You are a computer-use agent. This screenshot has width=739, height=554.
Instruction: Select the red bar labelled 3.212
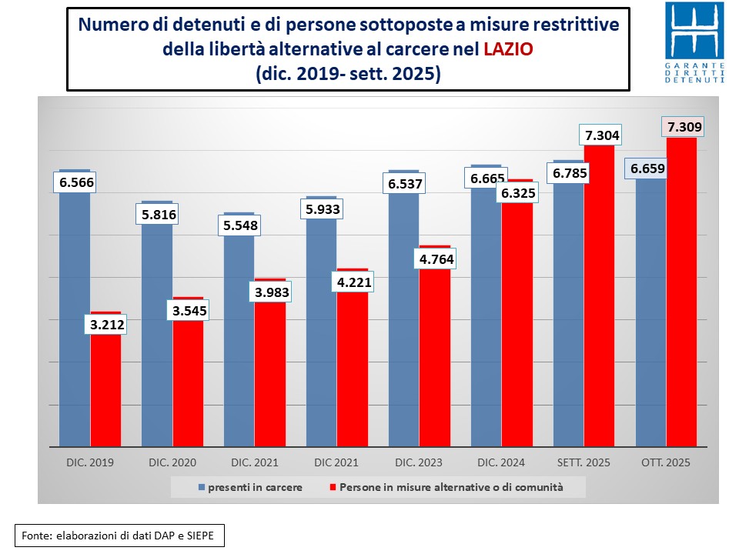pos(106,392)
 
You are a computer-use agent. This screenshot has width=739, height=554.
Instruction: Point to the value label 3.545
pos(189,310)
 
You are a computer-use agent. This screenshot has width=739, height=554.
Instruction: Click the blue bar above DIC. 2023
pos(403,323)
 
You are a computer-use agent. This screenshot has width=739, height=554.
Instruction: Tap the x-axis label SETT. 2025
pos(584,463)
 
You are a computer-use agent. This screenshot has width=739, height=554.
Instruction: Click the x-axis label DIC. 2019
pos(90,463)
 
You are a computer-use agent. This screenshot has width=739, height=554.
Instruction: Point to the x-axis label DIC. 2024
pos(501,463)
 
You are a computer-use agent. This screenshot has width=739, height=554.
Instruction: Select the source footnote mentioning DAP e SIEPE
pos(119,535)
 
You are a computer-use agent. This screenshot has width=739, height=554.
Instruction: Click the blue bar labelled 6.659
pos(650,323)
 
